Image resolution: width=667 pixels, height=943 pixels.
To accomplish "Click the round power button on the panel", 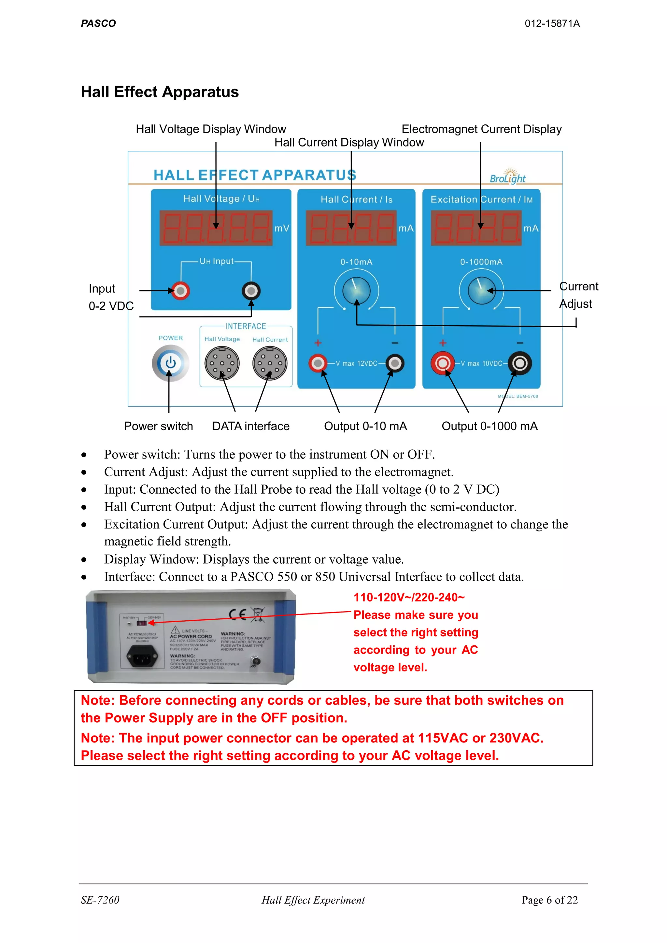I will (x=170, y=363).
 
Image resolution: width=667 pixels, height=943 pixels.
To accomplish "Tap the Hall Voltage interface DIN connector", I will (x=222, y=363).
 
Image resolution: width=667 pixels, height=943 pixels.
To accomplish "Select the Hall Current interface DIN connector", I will (x=270, y=363).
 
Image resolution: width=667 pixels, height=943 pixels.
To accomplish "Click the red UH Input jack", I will (x=180, y=291).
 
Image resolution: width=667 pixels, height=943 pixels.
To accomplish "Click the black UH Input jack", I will (x=251, y=291).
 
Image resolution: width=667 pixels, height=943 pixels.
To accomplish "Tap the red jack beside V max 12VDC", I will (x=318, y=363).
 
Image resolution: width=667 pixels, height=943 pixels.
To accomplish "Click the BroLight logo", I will (x=508, y=176).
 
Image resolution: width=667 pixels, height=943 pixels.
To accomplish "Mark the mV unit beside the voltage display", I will (x=282, y=228).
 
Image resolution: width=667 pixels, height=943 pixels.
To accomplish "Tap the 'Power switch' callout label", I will (x=158, y=426).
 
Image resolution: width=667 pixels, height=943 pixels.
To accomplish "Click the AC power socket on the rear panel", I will (x=142, y=656).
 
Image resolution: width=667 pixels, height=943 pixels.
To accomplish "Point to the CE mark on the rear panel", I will (x=237, y=614).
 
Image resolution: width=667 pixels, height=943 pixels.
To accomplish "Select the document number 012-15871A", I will (x=552, y=23).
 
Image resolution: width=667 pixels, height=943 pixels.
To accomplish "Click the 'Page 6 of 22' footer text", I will (x=549, y=900).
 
